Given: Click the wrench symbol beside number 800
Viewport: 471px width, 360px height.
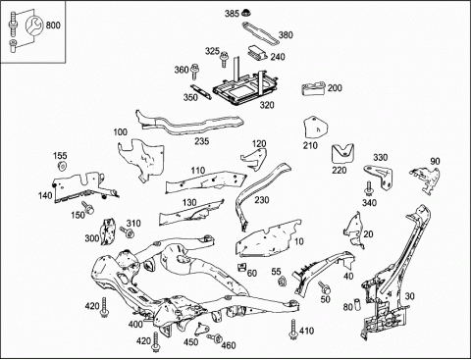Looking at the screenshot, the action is [33, 25].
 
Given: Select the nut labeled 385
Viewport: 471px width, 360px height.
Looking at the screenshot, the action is [244, 13].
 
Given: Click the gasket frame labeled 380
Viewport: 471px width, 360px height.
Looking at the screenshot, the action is [260, 33].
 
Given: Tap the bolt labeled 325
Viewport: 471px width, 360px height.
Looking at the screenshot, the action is [224, 59].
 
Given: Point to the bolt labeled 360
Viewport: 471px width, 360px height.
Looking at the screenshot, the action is [194, 72].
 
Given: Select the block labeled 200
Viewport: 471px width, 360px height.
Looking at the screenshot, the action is [313, 88].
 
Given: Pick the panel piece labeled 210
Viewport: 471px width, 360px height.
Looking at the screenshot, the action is [315, 128].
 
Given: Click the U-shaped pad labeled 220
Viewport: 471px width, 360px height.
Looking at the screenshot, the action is [344, 153].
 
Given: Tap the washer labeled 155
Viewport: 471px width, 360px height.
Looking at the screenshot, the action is [62, 166].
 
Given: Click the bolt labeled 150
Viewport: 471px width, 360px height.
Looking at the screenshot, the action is [87, 208].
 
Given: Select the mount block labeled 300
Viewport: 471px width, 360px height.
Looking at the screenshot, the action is [108, 231].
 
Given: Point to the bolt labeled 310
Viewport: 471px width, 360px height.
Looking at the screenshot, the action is [127, 232].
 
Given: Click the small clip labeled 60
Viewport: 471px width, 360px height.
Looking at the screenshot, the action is [241, 267].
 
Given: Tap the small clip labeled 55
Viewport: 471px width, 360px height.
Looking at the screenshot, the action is [282, 281].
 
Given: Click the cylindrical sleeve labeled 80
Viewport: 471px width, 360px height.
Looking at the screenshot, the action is [357, 304].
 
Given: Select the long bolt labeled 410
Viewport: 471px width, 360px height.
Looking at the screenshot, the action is [293, 330].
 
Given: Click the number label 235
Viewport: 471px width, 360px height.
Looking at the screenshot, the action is [202, 141].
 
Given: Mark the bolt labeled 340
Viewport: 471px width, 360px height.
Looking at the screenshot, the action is [369, 188].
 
